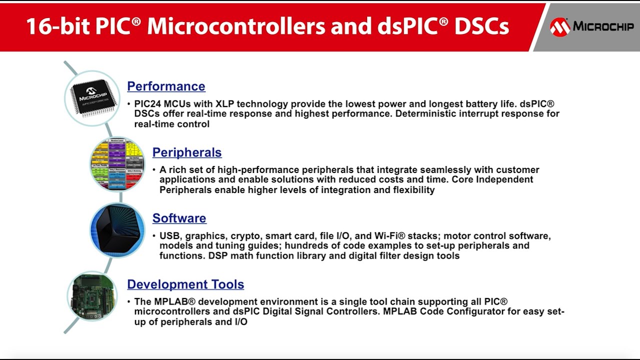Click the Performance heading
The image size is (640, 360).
(166, 86)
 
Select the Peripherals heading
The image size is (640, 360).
(187, 152)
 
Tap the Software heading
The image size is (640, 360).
(179, 218)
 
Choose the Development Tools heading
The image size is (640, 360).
(185, 284)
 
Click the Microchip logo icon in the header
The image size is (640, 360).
(560, 27)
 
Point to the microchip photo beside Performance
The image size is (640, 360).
(92, 97)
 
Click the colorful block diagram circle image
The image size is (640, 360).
(117, 164)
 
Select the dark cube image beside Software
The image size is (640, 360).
(117, 230)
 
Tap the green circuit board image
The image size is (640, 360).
(92, 296)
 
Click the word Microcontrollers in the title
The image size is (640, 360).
(236, 26)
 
